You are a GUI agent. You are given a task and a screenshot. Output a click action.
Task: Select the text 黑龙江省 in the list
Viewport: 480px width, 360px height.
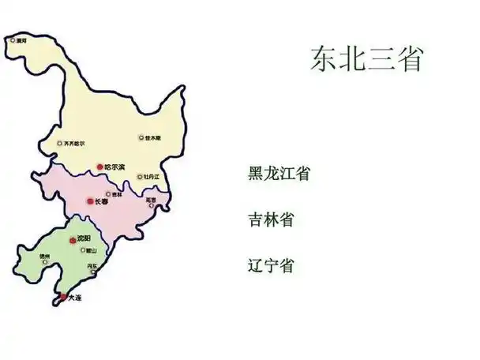[x=278, y=174]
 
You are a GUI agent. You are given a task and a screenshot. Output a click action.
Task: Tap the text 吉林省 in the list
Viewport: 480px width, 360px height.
[x=270, y=219]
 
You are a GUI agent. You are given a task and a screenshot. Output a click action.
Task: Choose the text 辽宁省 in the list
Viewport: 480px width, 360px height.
[x=270, y=265]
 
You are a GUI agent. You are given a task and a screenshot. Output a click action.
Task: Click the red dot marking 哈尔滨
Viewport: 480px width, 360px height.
[x=99, y=167]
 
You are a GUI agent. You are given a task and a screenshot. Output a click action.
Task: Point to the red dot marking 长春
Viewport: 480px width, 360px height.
[x=90, y=202]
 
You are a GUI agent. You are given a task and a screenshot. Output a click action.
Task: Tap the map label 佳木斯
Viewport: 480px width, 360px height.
[x=153, y=138]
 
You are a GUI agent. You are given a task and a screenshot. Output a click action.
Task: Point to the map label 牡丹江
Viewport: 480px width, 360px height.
[x=152, y=177]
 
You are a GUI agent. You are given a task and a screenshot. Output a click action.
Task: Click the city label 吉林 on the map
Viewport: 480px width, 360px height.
[x=117, y=193]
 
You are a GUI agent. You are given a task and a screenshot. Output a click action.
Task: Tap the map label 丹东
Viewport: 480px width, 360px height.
[x=93, y=266]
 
